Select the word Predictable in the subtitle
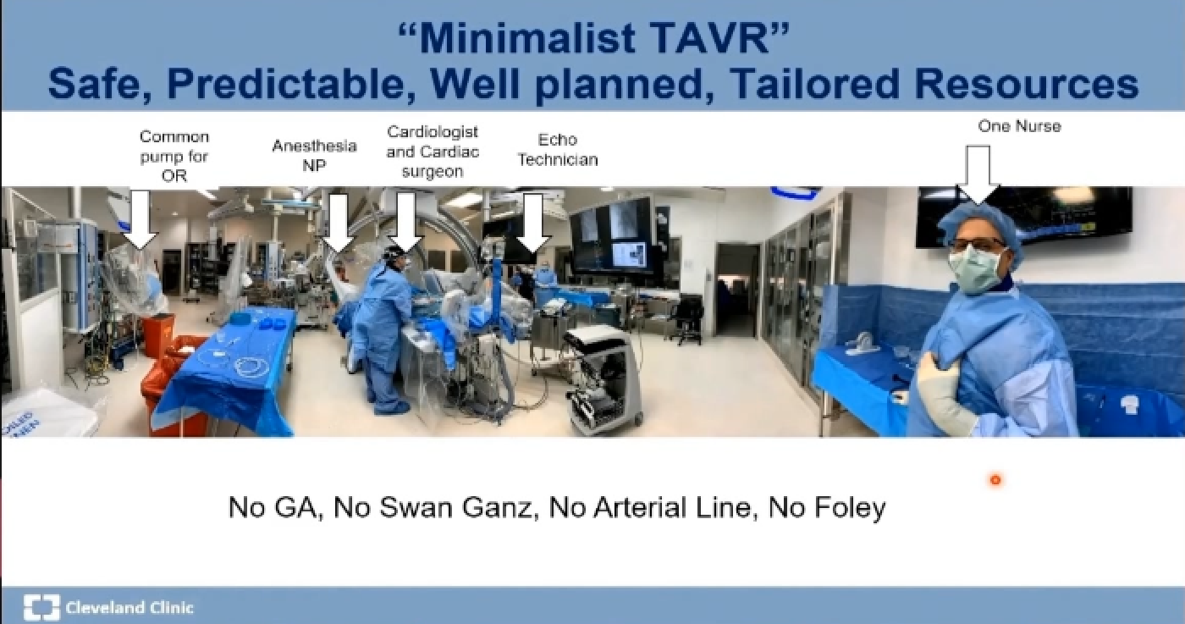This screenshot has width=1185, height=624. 286,84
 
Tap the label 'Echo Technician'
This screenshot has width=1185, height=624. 558,149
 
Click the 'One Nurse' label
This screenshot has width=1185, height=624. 1019,126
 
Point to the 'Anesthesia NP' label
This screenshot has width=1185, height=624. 314,155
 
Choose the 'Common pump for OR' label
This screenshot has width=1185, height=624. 174,156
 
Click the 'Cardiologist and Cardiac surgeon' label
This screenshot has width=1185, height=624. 433,152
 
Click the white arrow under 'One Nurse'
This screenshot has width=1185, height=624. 978,175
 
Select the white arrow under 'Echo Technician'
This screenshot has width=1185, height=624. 532,223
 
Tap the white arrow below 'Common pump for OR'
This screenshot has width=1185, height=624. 141,219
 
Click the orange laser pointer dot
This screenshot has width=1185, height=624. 995,480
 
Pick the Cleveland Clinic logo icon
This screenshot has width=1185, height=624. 41,607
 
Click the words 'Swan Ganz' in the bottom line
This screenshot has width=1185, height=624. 455,507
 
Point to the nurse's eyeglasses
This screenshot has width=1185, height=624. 977,245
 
